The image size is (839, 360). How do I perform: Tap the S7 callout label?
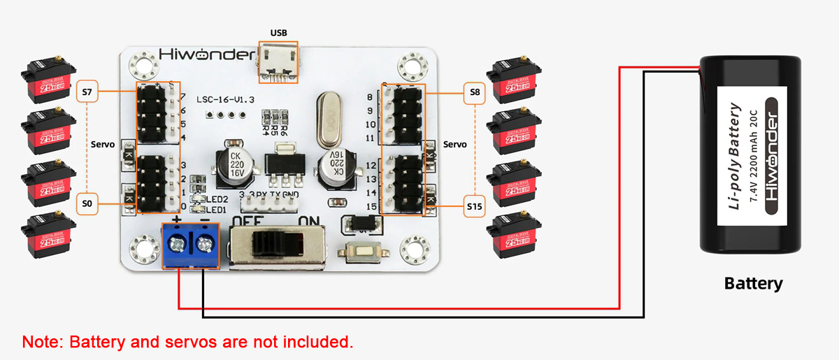pos(86,92)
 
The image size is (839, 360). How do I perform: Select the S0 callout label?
pos(86,203)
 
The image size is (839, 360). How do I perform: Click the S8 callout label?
pos(475,92)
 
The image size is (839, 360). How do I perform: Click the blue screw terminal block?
pos(190,245)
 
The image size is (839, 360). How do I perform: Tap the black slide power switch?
pos(276,245)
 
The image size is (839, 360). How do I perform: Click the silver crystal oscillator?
pos(328,115)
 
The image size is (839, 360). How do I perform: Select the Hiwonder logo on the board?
pos(203,55)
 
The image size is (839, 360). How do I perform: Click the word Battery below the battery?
pos(753,284)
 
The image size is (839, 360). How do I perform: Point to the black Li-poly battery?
pos(751,154)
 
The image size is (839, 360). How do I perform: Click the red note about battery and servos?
pos(187,342)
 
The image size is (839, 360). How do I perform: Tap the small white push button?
pos(361,252)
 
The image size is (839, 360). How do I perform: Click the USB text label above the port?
pos(278,33)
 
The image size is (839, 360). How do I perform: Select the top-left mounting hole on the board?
pos(145,67)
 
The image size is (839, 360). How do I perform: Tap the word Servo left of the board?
pos(103,144)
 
